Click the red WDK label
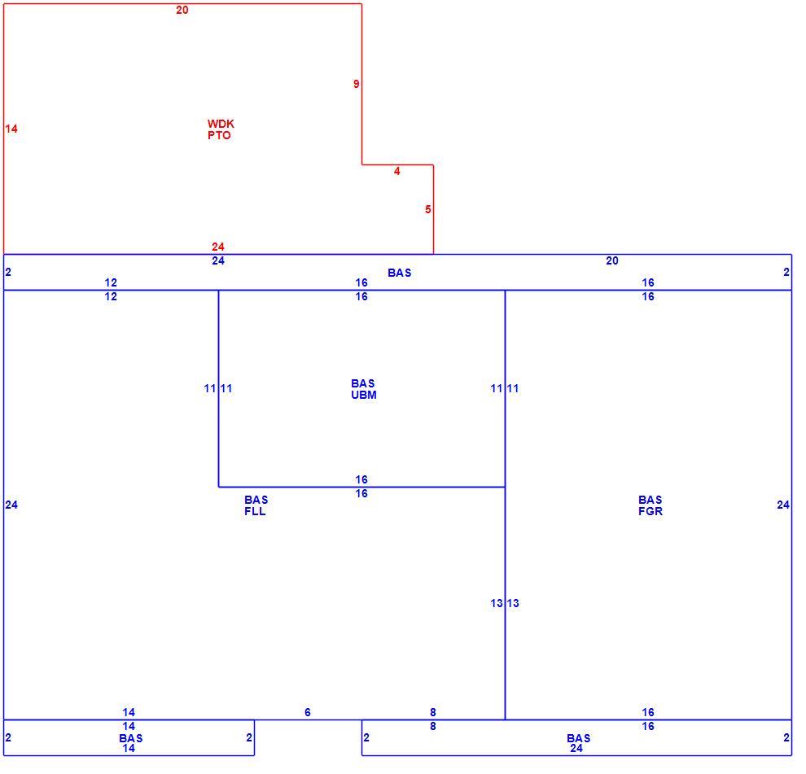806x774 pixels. click(221, 124)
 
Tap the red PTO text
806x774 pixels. click(220, 136)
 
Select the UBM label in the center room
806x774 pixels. click(364, 396)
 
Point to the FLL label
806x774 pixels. click(255, 511)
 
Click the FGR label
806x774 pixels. click(650, 511)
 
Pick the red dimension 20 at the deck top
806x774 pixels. click(182, 11)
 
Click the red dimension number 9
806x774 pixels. click(357, 85)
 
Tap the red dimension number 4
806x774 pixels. click(396, 171)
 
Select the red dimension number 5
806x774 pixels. click(427, 210)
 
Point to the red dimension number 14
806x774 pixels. click(11, 129)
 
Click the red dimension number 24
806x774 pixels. click(218, 247)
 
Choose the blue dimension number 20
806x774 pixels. click(611, 261)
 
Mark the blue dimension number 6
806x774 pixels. click(308, 712)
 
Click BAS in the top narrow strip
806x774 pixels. click(400, 273)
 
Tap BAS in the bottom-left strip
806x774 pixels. click(130, 738)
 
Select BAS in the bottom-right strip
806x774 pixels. click(578, 738)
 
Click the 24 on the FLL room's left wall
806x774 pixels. click(11, 505)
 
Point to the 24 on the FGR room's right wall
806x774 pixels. click(783, 505)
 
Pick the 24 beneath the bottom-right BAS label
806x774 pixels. click(576, 749)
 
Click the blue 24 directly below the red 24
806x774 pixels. click(218, 261)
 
